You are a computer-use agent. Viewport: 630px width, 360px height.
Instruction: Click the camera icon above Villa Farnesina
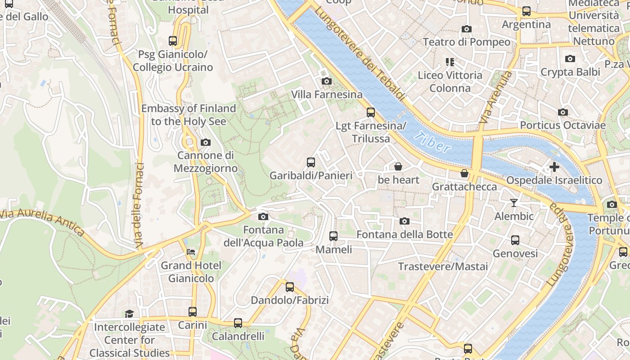[x=327, y=81]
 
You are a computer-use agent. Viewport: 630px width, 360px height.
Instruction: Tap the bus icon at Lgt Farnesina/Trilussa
[x=371, y=112]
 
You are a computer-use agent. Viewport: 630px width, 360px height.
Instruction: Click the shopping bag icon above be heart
[x=398, y=166]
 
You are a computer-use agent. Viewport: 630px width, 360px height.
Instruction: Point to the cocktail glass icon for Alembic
[x=514, y=203]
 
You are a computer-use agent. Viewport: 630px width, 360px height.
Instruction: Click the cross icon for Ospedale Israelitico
[x=554, y=167]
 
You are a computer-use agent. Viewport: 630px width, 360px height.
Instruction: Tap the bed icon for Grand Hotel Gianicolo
[x=191, y=252]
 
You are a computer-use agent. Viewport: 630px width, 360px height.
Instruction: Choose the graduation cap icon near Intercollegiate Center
[x=130, y=314]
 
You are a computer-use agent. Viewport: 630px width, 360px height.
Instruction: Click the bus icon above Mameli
[x=333, y=236]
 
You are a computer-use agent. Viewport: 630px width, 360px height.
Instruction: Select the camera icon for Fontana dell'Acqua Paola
[x=264, y=217]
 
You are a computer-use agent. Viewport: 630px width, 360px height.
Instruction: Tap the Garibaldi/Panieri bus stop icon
[x=310, y=162]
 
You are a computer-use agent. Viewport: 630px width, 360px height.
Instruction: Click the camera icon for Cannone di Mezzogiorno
[x=206, y=143]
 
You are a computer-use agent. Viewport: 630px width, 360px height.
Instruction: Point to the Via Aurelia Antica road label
[x=43, y=221]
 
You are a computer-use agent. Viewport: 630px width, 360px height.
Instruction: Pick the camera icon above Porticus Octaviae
[x=563, y=112]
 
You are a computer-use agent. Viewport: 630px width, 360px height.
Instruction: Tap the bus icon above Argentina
[x=526, y=11]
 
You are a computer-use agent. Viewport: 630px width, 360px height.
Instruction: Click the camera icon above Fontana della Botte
[x=405, y=221]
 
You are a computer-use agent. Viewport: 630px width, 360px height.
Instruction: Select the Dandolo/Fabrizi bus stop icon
[x=290, y=287]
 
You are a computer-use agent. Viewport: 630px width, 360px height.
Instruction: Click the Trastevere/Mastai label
[x=443, y=266]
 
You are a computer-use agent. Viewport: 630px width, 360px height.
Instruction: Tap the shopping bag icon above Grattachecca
[x=464, y=173]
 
